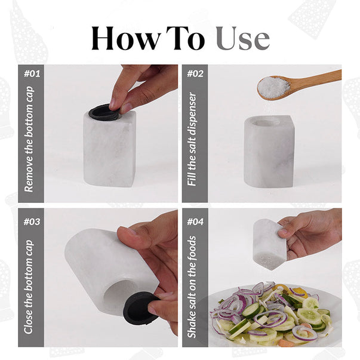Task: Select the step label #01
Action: (x=32, y=74)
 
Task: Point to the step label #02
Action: (x=195, y=74)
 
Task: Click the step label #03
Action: (x=32, y=221)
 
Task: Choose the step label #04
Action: (x=195, y=221)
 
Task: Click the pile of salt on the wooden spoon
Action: (x=273, y=87)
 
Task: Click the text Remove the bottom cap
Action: (x=29, y=139)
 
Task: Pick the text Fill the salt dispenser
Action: (x=192, y=139)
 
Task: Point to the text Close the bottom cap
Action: (x=29, y=287)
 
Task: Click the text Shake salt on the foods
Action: (x=192, y=287)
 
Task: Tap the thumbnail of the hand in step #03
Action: (x=133, y=232)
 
